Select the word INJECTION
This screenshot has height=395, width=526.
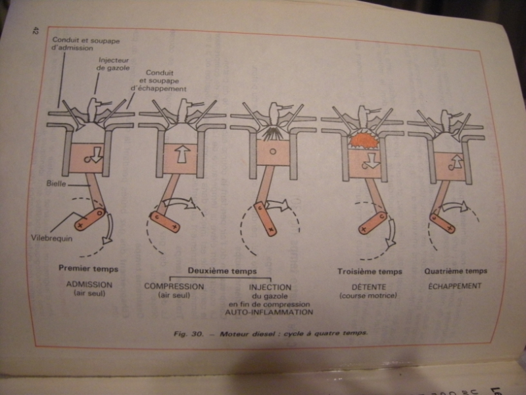pos(270,287)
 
